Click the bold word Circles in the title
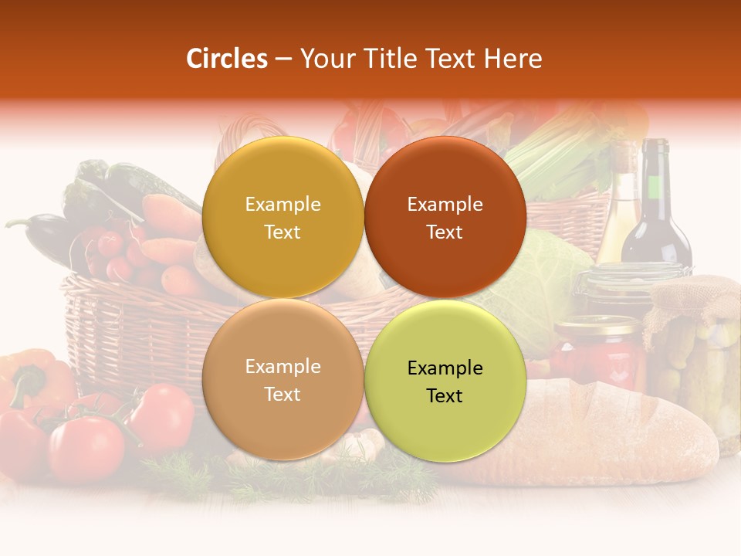[227, 59]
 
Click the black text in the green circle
[445, 381]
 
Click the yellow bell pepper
[31, 378]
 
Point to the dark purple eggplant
[42, 232]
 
